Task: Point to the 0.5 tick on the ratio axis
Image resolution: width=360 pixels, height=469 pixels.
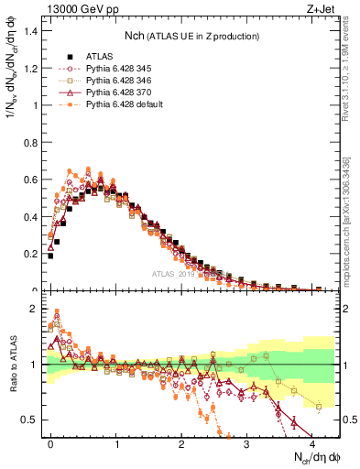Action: tap(30, 420)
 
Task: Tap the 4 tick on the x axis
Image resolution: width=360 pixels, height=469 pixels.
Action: tap(313, 442)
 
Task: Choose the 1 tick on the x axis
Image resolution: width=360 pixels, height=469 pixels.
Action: tap(116, 442)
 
